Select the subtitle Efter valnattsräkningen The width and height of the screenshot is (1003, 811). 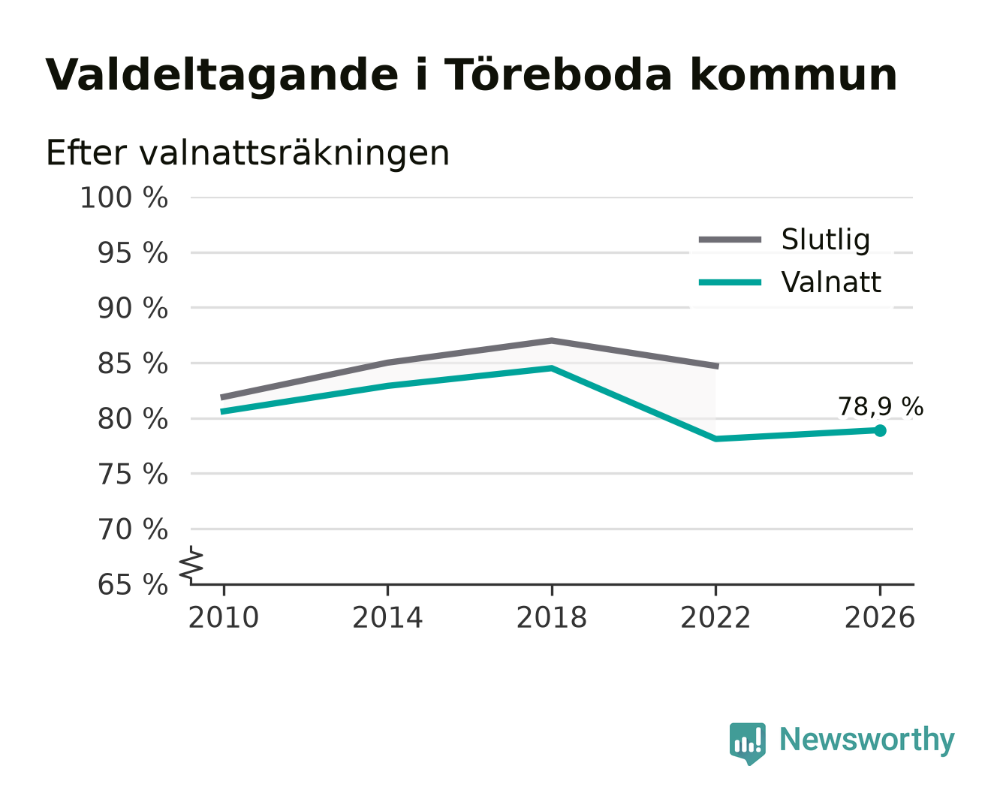(248, 153)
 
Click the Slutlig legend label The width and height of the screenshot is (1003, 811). (825, 240)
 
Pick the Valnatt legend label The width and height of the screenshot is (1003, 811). (830, 282)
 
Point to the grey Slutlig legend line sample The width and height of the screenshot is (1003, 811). (730, 240)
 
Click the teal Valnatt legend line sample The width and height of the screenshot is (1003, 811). (730, 282)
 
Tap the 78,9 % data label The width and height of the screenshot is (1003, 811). (880, 407)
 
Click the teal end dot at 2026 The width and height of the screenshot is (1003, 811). (880, 430)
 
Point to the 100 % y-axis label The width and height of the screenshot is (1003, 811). (124, 197)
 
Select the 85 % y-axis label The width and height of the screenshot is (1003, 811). (132, 364)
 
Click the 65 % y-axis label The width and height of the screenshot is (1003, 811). (132, 585)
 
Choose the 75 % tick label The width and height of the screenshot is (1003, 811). (132, 475)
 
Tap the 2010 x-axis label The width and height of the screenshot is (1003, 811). (224, 618)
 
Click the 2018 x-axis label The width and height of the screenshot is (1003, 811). (551, 618)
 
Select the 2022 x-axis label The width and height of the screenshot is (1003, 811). (715, 618)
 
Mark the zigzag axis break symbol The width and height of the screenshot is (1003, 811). (191, 565)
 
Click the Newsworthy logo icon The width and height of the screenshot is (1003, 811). (747, 743)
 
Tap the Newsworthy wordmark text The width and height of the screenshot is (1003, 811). (867, 740)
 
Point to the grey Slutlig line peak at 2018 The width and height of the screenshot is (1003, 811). (551, 340)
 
